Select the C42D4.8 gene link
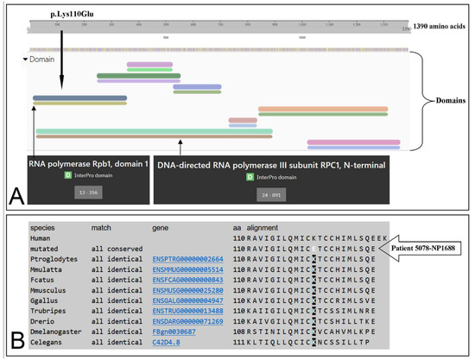168,341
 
